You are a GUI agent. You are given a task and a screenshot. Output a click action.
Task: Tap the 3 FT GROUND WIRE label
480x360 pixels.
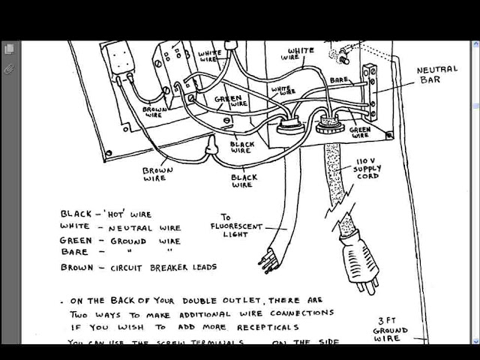[391, 330]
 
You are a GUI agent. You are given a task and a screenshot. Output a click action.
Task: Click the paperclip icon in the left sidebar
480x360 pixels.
[9, 67]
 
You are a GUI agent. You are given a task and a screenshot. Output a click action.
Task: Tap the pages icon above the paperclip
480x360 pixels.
[9, 49]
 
